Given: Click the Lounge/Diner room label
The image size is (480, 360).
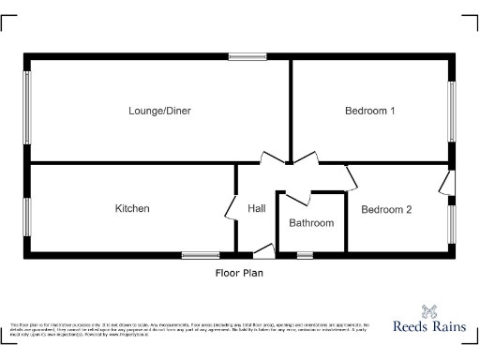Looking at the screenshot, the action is pyautogui.click(x=159, y=111).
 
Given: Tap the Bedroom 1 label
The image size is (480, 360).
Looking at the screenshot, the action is pyautogui.click(x=369, y=111).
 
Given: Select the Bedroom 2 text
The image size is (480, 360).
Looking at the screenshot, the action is pyautogui.click(x=386, y=210).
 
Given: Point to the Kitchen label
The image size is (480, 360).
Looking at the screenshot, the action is pyautogui.click(x=132, y=208).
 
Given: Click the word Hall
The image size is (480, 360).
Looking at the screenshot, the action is pyautogui.click(x=257, y=208).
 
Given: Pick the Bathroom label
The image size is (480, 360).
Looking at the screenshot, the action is pyautogui.click(x=311, y=223).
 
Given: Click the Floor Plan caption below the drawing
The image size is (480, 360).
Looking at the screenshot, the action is pyautogui.click(x=239, y=274).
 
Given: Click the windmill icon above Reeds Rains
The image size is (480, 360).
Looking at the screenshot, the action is pyautogui.click(x=430, y=310).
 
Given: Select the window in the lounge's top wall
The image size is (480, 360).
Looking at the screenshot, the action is pyautogui.click(x=247, y=58).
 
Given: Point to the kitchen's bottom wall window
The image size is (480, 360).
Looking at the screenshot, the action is pyautogui.click(x=201, y=254).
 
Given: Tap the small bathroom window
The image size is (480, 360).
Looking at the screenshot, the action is pyautogui.click(x=305, y=254).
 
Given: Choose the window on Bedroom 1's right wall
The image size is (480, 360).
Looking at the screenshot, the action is pyautogui.click(x=452, y=110).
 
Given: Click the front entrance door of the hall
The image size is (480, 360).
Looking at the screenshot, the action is pyautogui.click(x=263, y=250).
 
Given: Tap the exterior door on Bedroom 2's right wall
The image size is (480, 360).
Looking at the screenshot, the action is pyautogui.click(x=450, y=183).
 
